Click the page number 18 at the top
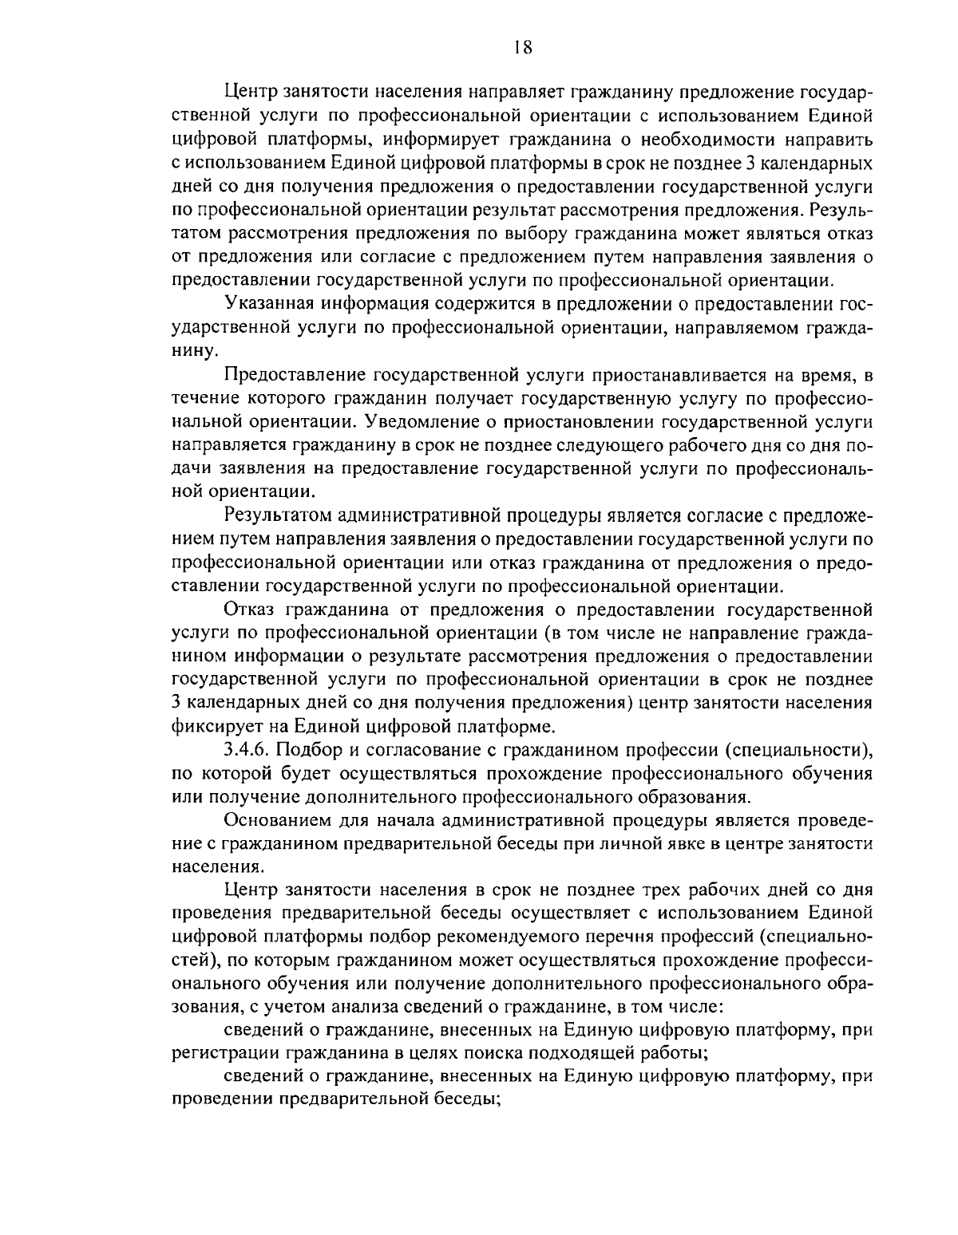click(x=523, y=46)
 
